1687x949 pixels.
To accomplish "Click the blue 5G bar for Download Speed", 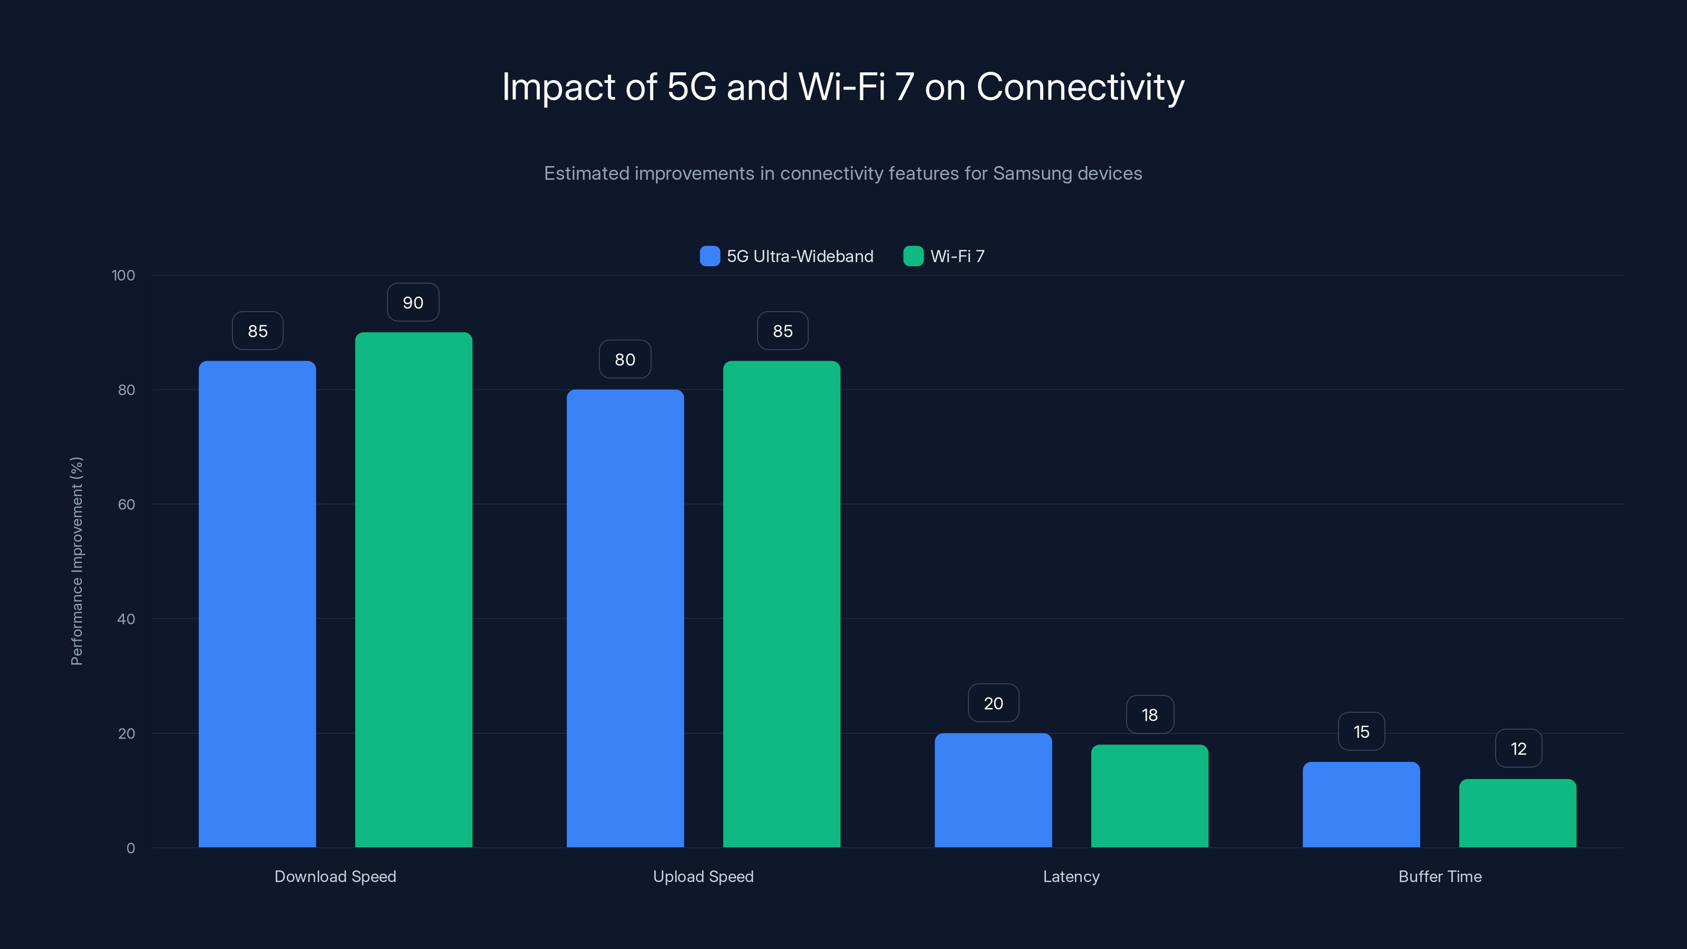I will [257, 603].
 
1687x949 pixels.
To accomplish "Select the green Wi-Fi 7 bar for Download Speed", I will [413, 589].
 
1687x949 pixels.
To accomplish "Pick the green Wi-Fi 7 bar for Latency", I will [1149, 795].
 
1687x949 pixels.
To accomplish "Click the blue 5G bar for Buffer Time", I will [1361, 803].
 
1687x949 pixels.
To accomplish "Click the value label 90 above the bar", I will [413, 303].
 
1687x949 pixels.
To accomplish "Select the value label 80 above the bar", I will [625, 360].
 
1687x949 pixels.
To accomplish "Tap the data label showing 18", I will [1149, 714].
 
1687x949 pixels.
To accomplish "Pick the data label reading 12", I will [1518, 749].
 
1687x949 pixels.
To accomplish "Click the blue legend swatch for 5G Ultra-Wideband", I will [709, 256].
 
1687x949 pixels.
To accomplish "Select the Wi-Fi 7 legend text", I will [957, 256].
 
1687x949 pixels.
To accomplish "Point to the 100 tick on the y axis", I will [123, 275].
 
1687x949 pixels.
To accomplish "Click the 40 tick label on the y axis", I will [126, 619].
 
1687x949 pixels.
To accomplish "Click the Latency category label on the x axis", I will [1071, 876].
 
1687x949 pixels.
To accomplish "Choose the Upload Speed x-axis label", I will [703, 876].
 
